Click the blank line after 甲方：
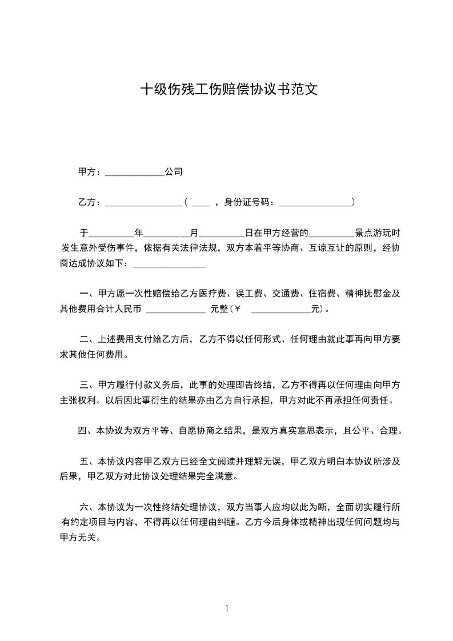pyautogui.click(x=135, y=172)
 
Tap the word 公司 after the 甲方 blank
pyautogui.click(x=174, y=171)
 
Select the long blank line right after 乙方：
pyautogui.click(x=143, y=202)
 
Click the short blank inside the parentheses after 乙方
pyautogui.click(x=201, y=202)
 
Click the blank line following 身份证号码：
pyautogui.click(x=315, y=202)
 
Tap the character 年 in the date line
pyautogui.click(x=138, y=233)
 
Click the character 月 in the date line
pyautogui.click(x=194, y=233)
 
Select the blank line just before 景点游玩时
pyautogui.click(x=331, y=234)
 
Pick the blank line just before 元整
pyautogui.click(x=176, y=310)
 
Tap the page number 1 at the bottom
pyautogui.click(x=227, y=608)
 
